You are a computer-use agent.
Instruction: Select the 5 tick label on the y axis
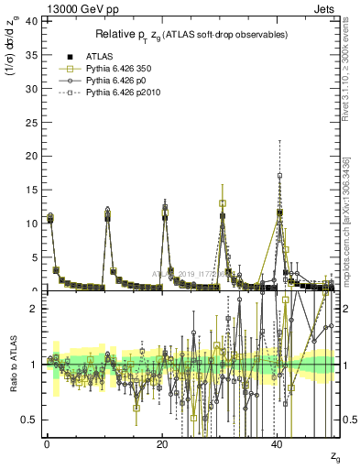[33, 256]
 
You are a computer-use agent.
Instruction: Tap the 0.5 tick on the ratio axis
[28, 420]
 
